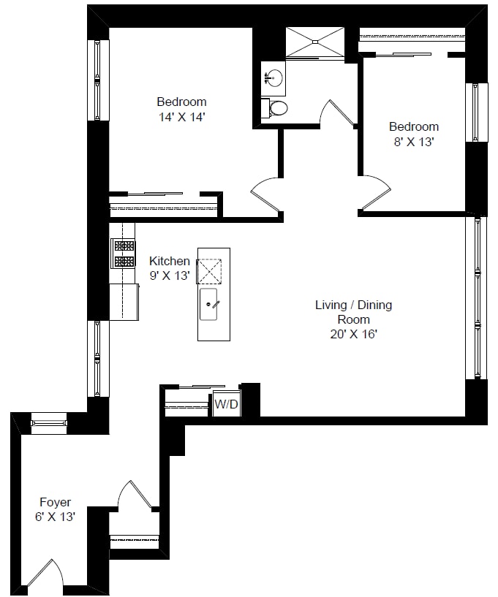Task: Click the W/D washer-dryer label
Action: click(x=226, y=404)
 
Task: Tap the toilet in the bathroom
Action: click(x=274, y=108)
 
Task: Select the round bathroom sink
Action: click(x=273, y=78)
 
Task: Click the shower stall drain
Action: click(x=315, y=41)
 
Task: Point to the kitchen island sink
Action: click(x=208, y=304)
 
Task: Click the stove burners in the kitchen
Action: click(x=123, y=253)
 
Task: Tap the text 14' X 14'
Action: click(x=182, y=117)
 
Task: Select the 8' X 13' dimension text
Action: click(x=414, y=142)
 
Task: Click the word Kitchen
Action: click(x=170, y=261)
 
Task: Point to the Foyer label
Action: click(x=56, y=502)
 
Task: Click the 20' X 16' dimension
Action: click(x=354, y=334)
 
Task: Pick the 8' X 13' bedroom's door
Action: click(x=375, y=192)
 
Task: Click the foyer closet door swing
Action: click(x=135, y=494)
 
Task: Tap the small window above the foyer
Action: click(x=49, y=423)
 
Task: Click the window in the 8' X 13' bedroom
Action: click(x=476, y=113)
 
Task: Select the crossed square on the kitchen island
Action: click(x=209, y=271)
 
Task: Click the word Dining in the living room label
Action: click(x=374, y=305)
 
